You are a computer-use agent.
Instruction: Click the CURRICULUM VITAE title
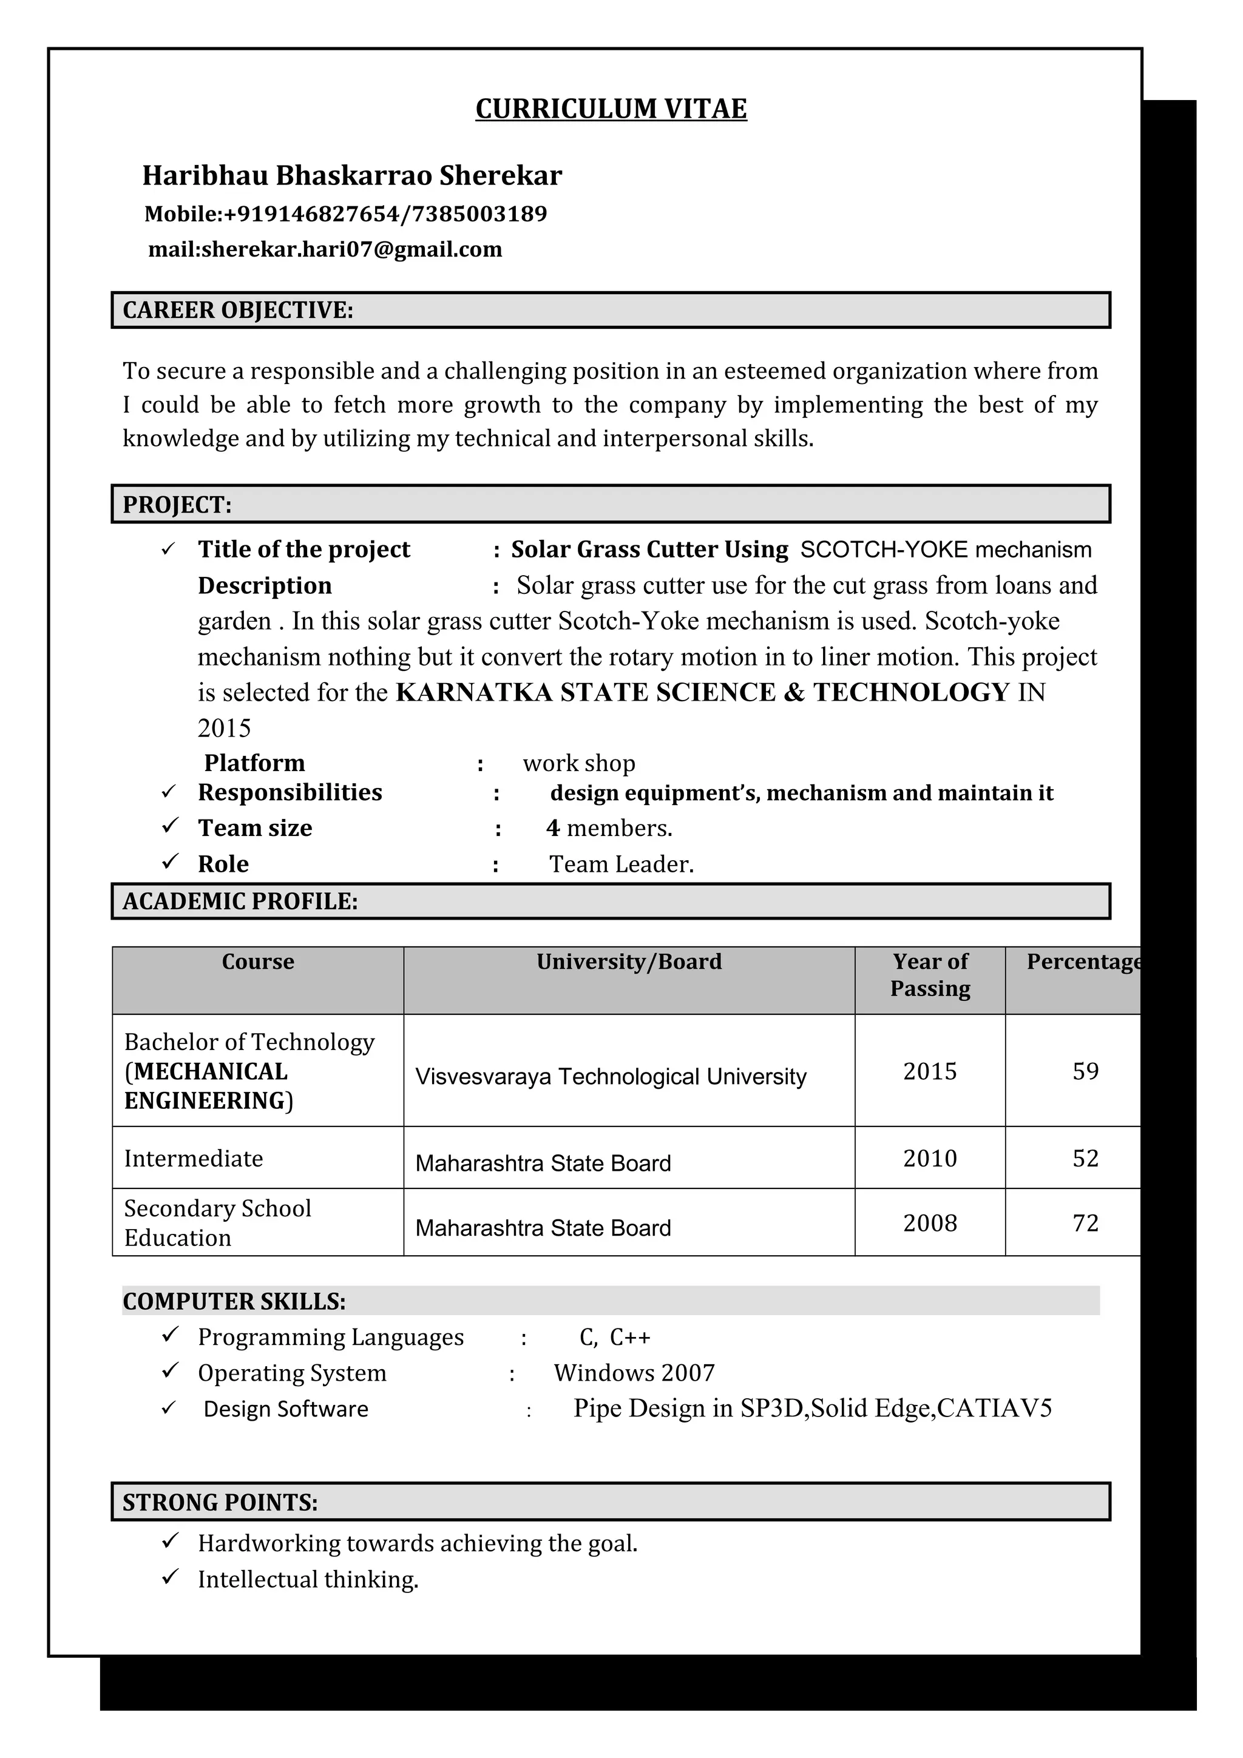pos(611,109)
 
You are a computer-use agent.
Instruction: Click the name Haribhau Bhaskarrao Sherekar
pos(351,175)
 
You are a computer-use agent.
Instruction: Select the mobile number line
pos(345,214)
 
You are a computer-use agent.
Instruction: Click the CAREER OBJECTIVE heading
pos(237,310)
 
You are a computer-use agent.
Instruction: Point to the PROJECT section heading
pos(177,505)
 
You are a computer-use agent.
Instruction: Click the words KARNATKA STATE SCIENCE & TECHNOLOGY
pos(702,692)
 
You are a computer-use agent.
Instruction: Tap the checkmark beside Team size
pos(170,826)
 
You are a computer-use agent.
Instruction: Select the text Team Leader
pos(621,864)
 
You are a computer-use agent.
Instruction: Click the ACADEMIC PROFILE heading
pos(240,901)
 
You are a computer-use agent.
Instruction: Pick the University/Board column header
pos(628,962)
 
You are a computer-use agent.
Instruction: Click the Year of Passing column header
pos(929,975)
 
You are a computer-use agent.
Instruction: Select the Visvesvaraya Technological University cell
pos(611,1077)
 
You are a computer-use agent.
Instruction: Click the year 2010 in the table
pos(929,1157)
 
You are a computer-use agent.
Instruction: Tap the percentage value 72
pos(1085,1223)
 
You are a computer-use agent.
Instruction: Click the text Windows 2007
pos(634,1373)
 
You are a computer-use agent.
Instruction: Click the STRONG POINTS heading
pos(220,1502)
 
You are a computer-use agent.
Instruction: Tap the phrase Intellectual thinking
pos(308,1580)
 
